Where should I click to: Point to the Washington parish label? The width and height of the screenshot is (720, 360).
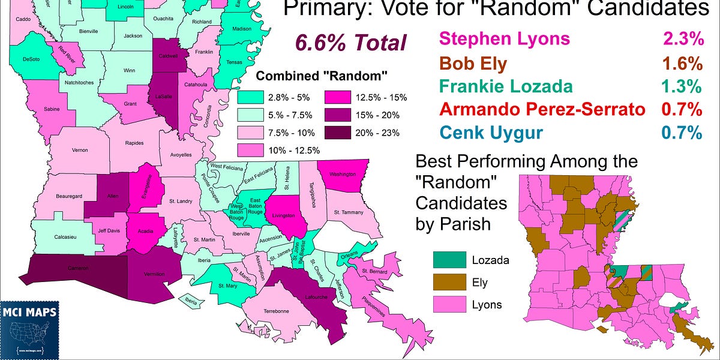(343, 175)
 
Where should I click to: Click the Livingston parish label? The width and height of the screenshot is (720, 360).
(284, 215)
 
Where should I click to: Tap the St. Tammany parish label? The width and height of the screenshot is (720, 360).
(349, 212)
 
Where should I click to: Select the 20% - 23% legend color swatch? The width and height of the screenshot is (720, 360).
(340, 133)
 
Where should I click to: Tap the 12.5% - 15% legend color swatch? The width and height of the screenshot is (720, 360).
(340, 97)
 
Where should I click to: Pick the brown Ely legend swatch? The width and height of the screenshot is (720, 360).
(449, 281)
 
